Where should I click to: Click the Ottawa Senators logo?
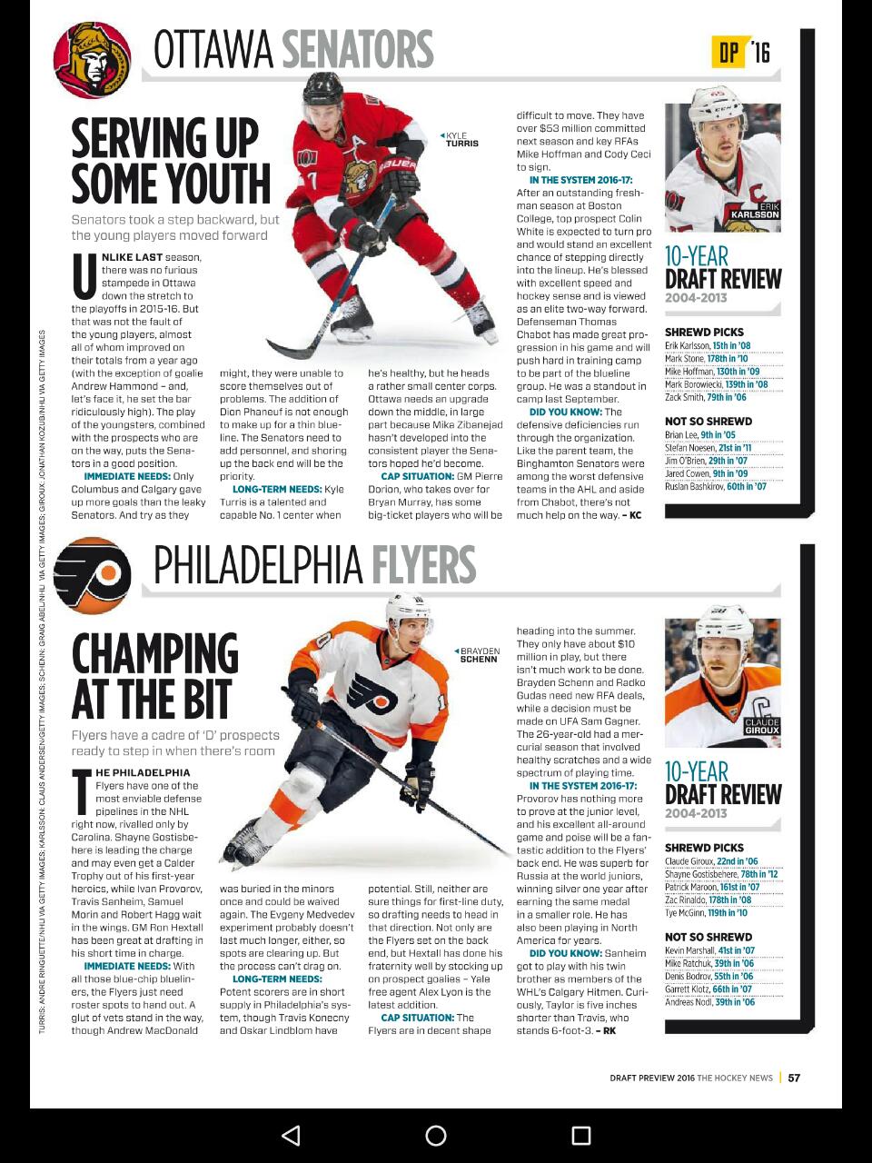pos(92,61)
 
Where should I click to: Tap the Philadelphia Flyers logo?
pos(92,576)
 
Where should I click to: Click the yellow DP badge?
pos(729,53)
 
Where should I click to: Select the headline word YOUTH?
pos(217,183)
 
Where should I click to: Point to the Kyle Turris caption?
pos(461,139)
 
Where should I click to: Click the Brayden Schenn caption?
pos(478,654)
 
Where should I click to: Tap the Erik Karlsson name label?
pos(755,212)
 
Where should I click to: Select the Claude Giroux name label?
pos(761,726)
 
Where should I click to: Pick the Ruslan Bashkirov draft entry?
pos(715,486)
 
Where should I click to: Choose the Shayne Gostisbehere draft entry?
pos(720,874)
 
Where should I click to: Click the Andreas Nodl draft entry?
pos(709,1002)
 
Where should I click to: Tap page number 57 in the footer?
pos(794,1078)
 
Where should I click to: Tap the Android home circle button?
pos(436,1135)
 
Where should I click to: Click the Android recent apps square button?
pos(581,1135)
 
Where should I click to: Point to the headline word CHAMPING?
pos(154,654)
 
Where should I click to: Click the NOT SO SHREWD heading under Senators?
pos(708,422)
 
